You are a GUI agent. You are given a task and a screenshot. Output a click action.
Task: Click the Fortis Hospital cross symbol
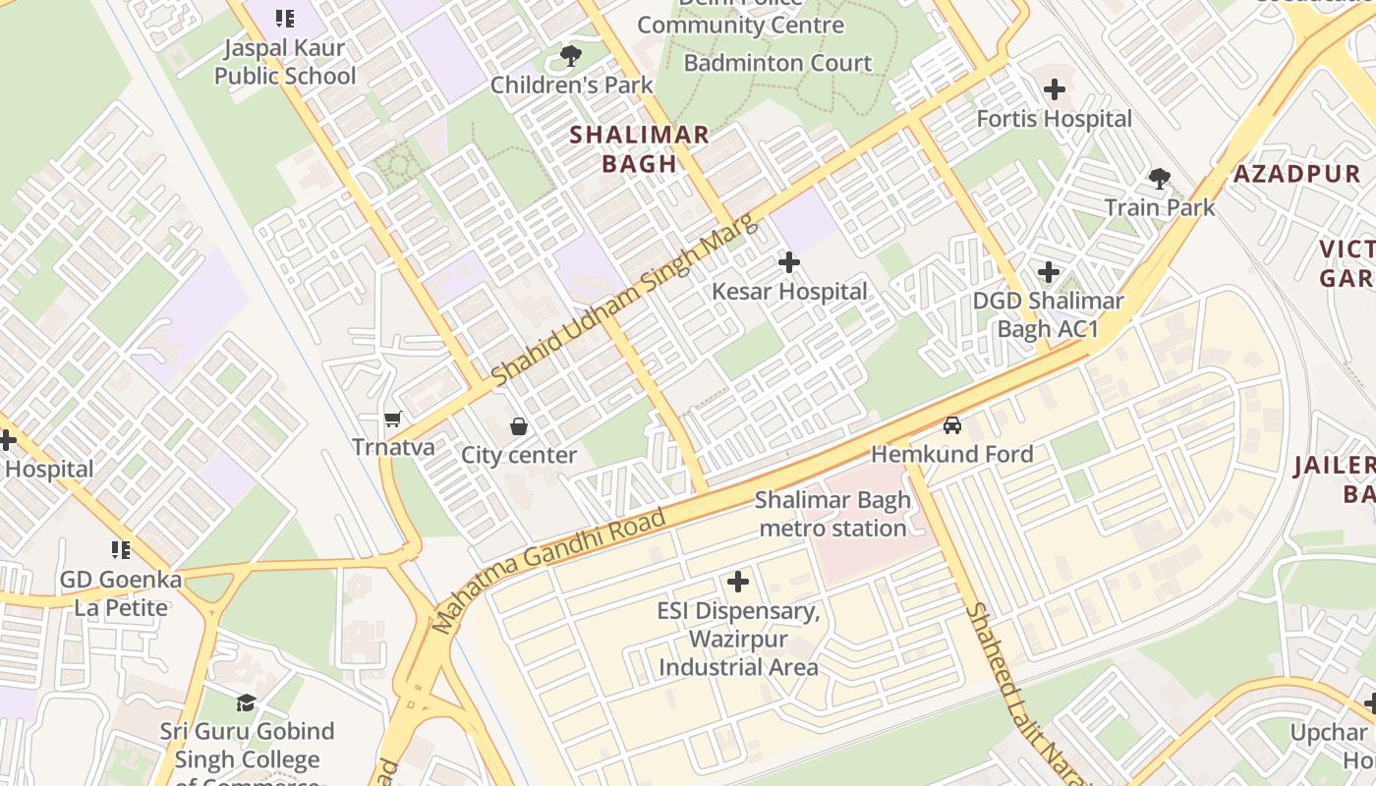point(1055,90)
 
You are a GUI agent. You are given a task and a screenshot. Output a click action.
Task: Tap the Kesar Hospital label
point(789,292)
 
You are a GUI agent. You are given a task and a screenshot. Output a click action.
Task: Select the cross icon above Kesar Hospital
point(788,262)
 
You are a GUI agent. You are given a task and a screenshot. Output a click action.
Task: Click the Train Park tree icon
point(1160,179)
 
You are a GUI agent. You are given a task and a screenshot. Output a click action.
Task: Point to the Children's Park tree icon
point(570,56)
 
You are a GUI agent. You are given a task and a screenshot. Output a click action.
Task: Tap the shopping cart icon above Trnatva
point(393,420)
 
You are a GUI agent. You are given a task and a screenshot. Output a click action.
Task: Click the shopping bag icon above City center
point(518,426)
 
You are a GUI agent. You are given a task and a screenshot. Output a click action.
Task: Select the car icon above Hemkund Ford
point(951,425)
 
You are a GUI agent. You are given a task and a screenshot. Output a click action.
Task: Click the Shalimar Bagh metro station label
point(832,514)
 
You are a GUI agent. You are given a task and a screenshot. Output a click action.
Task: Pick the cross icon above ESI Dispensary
point(737,583)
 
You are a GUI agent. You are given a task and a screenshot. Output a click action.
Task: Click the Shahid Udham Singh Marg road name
point(624,300)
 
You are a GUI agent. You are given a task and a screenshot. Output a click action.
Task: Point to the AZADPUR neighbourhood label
point(1297,175)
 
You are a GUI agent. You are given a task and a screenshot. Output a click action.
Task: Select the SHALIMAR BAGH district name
point(639,149)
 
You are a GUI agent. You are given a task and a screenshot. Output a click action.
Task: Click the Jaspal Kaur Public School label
point(285,62)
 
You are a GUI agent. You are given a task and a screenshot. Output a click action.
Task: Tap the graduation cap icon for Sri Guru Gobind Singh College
point(246,702)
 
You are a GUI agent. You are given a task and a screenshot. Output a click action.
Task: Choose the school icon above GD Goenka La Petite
point(121,550)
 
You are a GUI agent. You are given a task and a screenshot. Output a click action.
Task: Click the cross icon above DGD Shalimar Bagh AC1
point(1048,272)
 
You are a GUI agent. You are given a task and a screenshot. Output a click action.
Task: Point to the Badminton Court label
point(777,63)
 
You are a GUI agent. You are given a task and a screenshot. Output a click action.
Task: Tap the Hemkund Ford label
point(951,454)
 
